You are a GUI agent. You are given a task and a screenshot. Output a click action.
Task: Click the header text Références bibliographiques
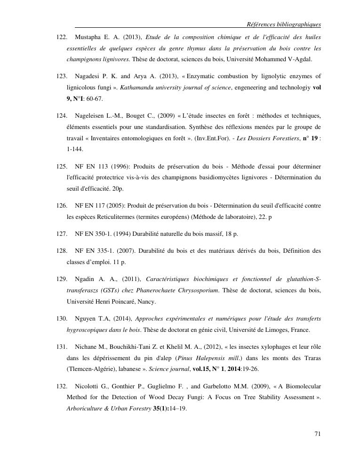[284, 24]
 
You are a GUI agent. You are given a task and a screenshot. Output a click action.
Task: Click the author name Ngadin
[85, 279]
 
